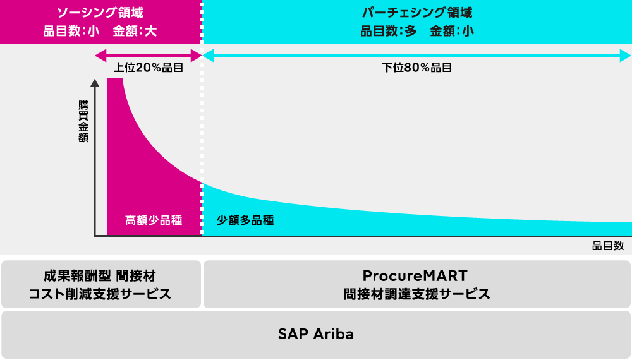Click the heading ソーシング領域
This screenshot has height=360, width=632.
pos(100,13)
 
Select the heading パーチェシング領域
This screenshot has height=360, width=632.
pos(416,13)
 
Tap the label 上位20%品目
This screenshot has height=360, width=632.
pos(149,67)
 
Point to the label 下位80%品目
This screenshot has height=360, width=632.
pos(416,67)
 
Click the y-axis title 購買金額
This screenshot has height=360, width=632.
pos(83,121)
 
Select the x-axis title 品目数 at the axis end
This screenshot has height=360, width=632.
pos(608,246)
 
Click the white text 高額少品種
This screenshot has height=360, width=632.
pos(154,220)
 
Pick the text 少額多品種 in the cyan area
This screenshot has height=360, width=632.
pos(245,220)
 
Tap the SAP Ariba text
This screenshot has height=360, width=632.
pos(315,334)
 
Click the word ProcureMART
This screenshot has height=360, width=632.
pos(415,276)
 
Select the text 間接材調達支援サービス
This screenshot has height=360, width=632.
pos(416,294)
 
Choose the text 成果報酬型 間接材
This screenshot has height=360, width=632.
pos(100,276)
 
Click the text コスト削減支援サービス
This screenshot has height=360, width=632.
pos(100,294)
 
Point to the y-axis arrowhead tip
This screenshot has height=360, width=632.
pos(95,80)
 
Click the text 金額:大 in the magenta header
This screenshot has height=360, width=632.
pos(135,31)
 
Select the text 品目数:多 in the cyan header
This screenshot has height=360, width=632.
pos(389,31)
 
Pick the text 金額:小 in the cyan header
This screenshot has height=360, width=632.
pos(452,31)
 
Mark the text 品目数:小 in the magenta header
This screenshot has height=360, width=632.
pos(71,31)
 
